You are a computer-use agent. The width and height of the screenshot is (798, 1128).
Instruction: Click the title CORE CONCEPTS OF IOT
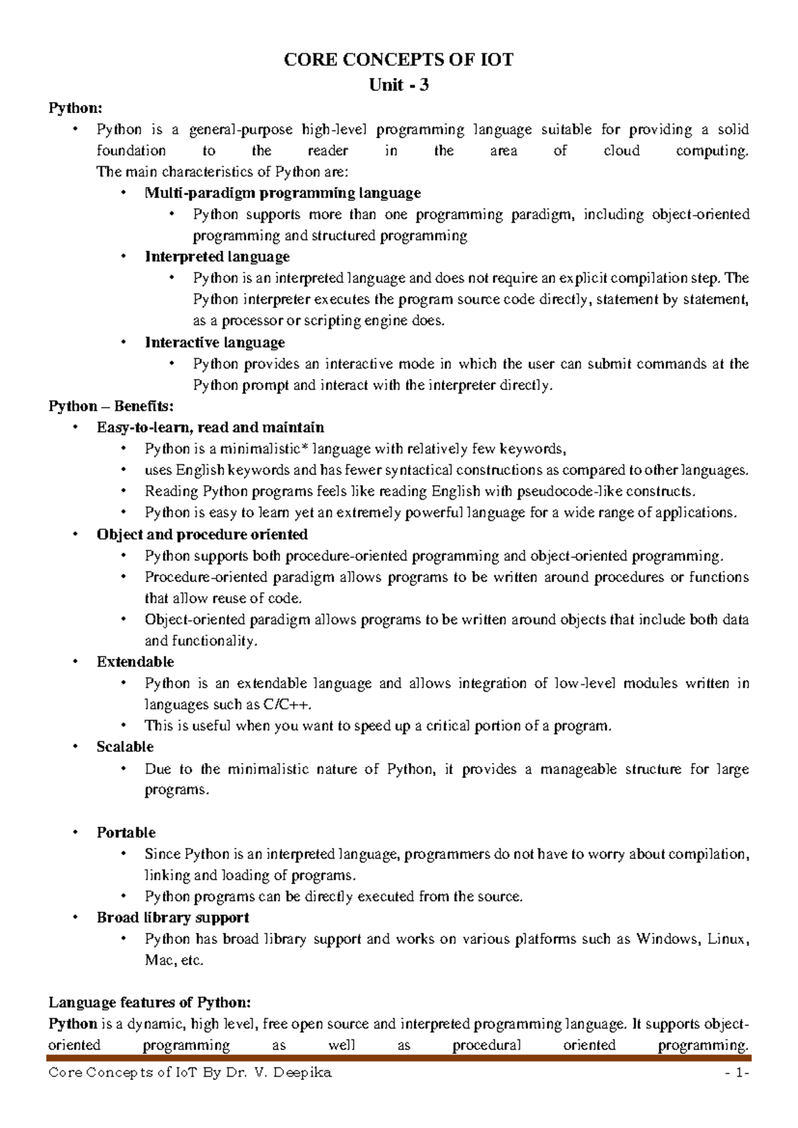tap(398, 60)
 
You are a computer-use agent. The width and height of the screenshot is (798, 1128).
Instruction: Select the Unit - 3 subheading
tap(398, 84)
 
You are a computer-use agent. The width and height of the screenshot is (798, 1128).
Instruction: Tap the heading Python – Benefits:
tap(110, 406)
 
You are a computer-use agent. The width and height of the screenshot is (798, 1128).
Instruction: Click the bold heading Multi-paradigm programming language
tap(283, 193)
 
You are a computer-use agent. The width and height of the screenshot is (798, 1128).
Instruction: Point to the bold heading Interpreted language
tap(217, 257)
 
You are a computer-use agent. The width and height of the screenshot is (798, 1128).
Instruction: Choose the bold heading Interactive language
tap(215, 343)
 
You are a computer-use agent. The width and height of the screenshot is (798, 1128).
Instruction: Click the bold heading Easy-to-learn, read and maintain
tap(210, 427)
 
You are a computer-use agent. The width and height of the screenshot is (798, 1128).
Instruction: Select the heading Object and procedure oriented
tap(201, 534)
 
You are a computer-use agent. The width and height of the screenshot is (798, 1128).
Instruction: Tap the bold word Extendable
tap(135, 662)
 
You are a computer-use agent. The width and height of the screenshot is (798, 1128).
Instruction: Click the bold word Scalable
tap(125, 746)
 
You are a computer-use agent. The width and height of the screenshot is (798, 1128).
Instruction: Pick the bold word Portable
tap(126, 832)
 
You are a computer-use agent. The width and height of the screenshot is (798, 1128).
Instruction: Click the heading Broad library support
tap(172, 917)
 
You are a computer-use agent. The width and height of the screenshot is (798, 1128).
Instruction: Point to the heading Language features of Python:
tap(150, 1002)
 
